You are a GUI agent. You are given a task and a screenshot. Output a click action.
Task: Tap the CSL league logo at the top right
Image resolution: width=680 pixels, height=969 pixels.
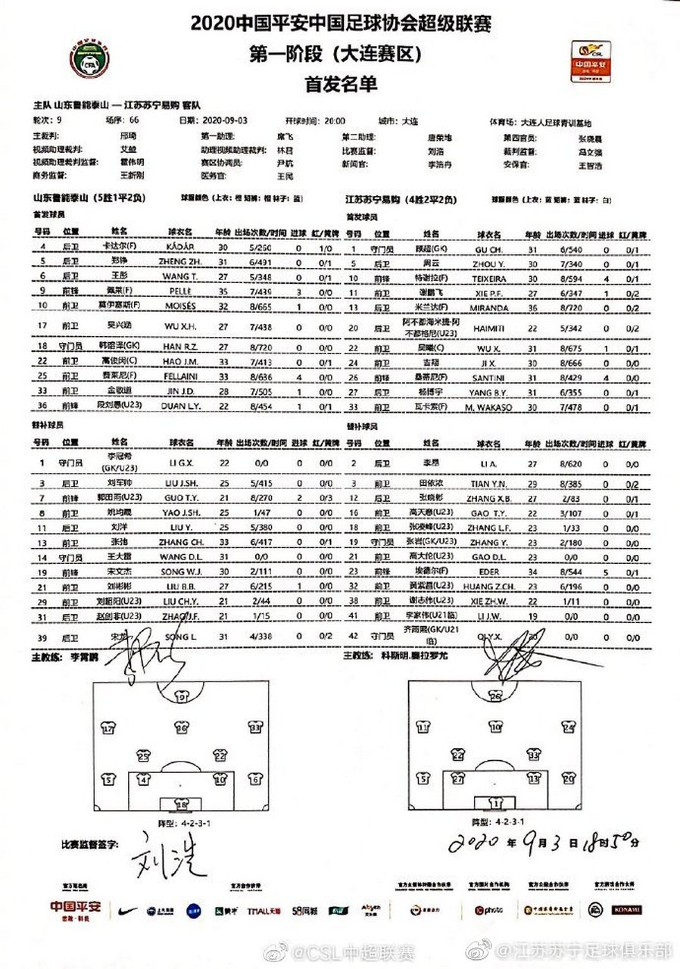pyautogui.click(x=594, y=61)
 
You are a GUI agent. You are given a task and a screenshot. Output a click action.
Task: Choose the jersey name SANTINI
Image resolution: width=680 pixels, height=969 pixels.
pyautogui.click(x=489, y=376)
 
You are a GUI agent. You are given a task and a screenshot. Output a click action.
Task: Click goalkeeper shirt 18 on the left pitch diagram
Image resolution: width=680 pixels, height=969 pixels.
pyautogui.click(x=181, y=803)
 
